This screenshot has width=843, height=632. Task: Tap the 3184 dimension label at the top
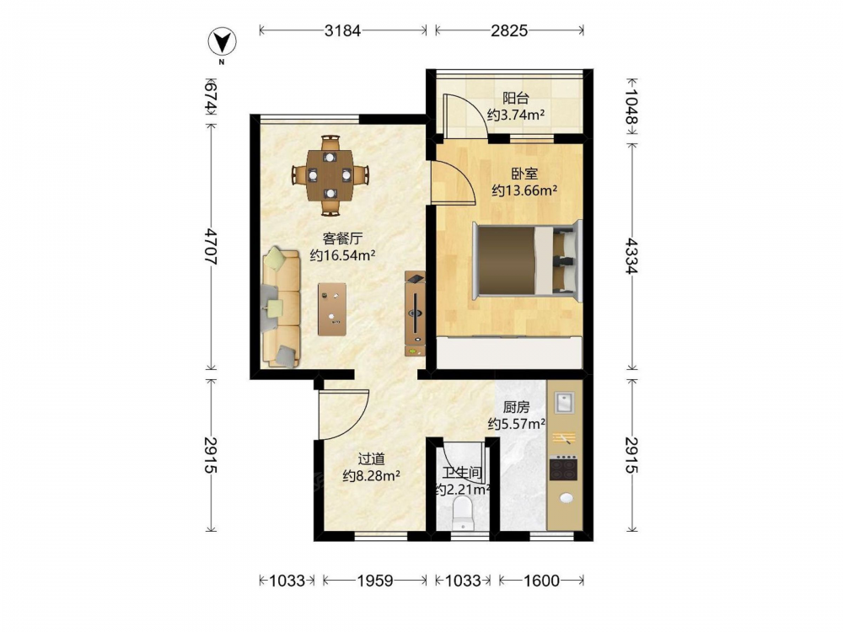click(342, 30)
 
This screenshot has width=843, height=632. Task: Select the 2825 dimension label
click(509, 30)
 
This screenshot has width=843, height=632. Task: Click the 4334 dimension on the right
click(631, 255)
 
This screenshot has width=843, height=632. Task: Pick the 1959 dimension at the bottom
click(375, 581)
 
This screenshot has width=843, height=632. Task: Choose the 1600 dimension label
click(541, 581)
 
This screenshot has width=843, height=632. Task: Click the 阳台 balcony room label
click(516, 99)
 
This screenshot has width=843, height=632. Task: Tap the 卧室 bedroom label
click(524, 174)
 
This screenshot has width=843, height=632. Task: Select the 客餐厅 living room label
click(342, 238)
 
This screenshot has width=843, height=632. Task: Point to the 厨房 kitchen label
click(516, 408)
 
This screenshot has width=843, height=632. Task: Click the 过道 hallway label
click(372, 459)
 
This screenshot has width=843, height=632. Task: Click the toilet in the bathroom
click(462, 513)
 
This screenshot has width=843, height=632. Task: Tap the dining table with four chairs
click(330, 175)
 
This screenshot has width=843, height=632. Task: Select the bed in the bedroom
click(526, 260)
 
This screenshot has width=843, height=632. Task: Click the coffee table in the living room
click(331, 309)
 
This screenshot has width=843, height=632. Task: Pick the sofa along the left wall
click(282, 308)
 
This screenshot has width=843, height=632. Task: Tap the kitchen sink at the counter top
click(564, 403)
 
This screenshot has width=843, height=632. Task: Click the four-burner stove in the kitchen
click(563, 469)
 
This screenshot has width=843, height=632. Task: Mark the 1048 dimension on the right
click(631, 107)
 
